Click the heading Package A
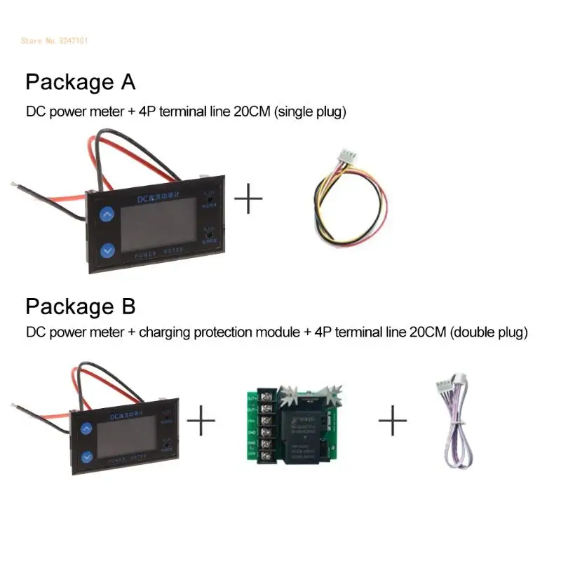pos(80,82)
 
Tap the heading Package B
pos(80,306)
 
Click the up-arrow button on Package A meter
pos(107,215)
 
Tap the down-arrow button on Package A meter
pos(107,249)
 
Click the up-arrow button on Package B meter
pos(86,428)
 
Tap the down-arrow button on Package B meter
pos(86,456)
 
